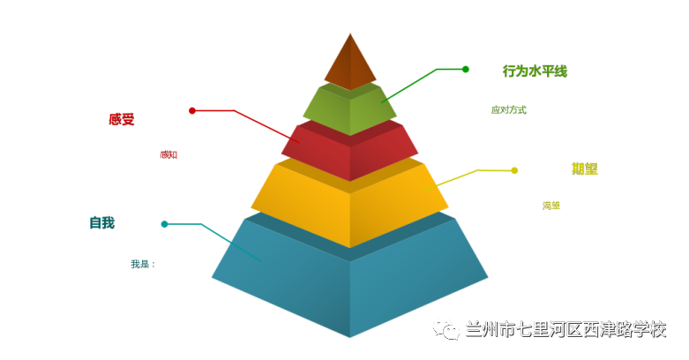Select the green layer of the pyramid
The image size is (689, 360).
click(350, 109)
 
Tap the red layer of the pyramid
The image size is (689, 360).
click(350, 152)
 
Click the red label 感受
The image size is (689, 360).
click(122, 119)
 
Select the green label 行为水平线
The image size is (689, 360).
click(535, 71)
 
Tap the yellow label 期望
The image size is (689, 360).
click(584, 169)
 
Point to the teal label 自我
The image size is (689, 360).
click(101, 222)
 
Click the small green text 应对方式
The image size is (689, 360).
click(508, 110)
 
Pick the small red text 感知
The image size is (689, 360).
click(169, 155)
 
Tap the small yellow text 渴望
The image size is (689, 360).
click(551, 206)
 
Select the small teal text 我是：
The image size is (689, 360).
click(142, 264)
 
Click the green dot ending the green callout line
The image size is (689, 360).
click(466, 69)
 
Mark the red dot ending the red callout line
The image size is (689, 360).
click(192, 110)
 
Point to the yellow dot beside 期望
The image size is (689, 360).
click(514, 170)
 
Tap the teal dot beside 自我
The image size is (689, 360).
click(164, 224)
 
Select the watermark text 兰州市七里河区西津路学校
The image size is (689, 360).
click(565, 330)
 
